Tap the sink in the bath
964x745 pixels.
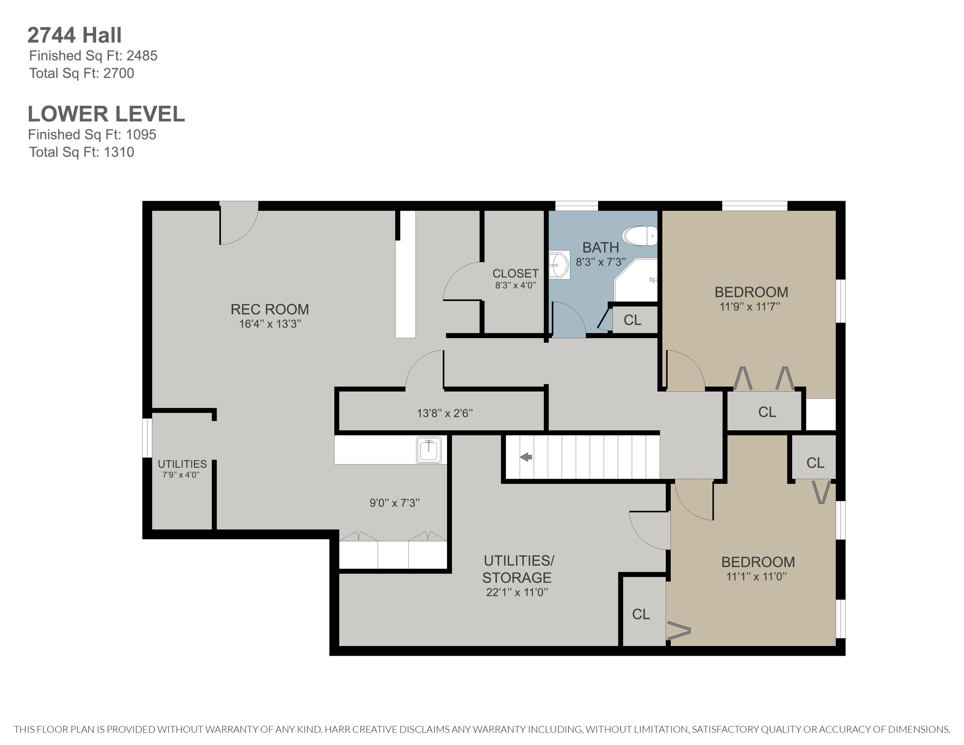click(x=559, y=265)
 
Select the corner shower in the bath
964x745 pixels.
click(x=636, y=281)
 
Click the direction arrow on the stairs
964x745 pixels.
click(x=526, y=457)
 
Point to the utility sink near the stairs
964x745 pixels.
click(x=429, y=450)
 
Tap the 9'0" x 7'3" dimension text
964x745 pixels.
click(x=395, y=503)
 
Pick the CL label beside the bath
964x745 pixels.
click(x=632, y=320)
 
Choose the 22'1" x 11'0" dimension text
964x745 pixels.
click(x=517, y=592)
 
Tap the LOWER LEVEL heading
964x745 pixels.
click(x=106, y=114)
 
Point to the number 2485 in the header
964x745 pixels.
click(x=142, y=56)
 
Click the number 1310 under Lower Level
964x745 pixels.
click(x=119, y=152)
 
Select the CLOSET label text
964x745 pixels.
click(x=515, y=274)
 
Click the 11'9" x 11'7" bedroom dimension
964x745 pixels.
click(x=750, y=306)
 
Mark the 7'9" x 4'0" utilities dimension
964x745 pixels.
click(x=181, y=475)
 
